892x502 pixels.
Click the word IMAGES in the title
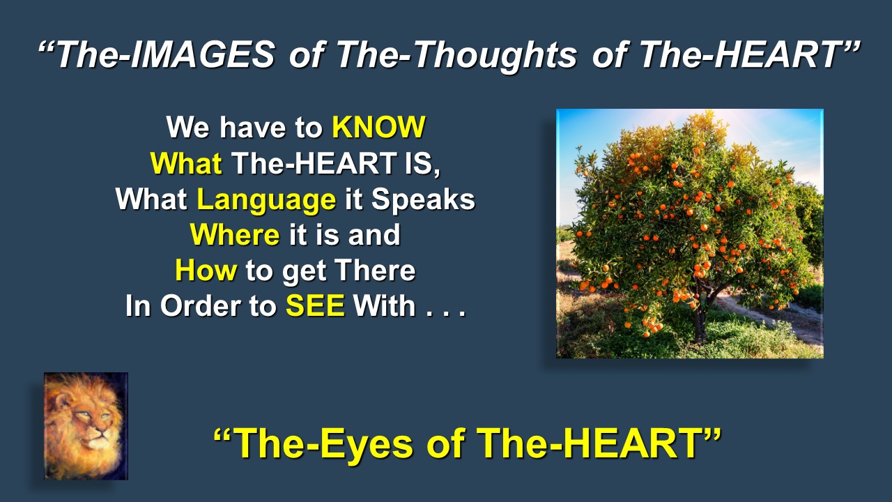point(203,54)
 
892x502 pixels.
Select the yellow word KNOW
point(378,128)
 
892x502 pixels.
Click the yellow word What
point(186,163)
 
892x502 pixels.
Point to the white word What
point(152,199)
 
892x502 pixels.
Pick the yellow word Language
point(266,200)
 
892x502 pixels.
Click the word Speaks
point(423,200)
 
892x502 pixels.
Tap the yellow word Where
point(235,235)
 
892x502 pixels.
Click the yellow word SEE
point(316,305)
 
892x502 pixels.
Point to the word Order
point(200,305)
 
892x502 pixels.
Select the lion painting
point(86,426)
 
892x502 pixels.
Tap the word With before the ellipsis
point(385,305)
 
